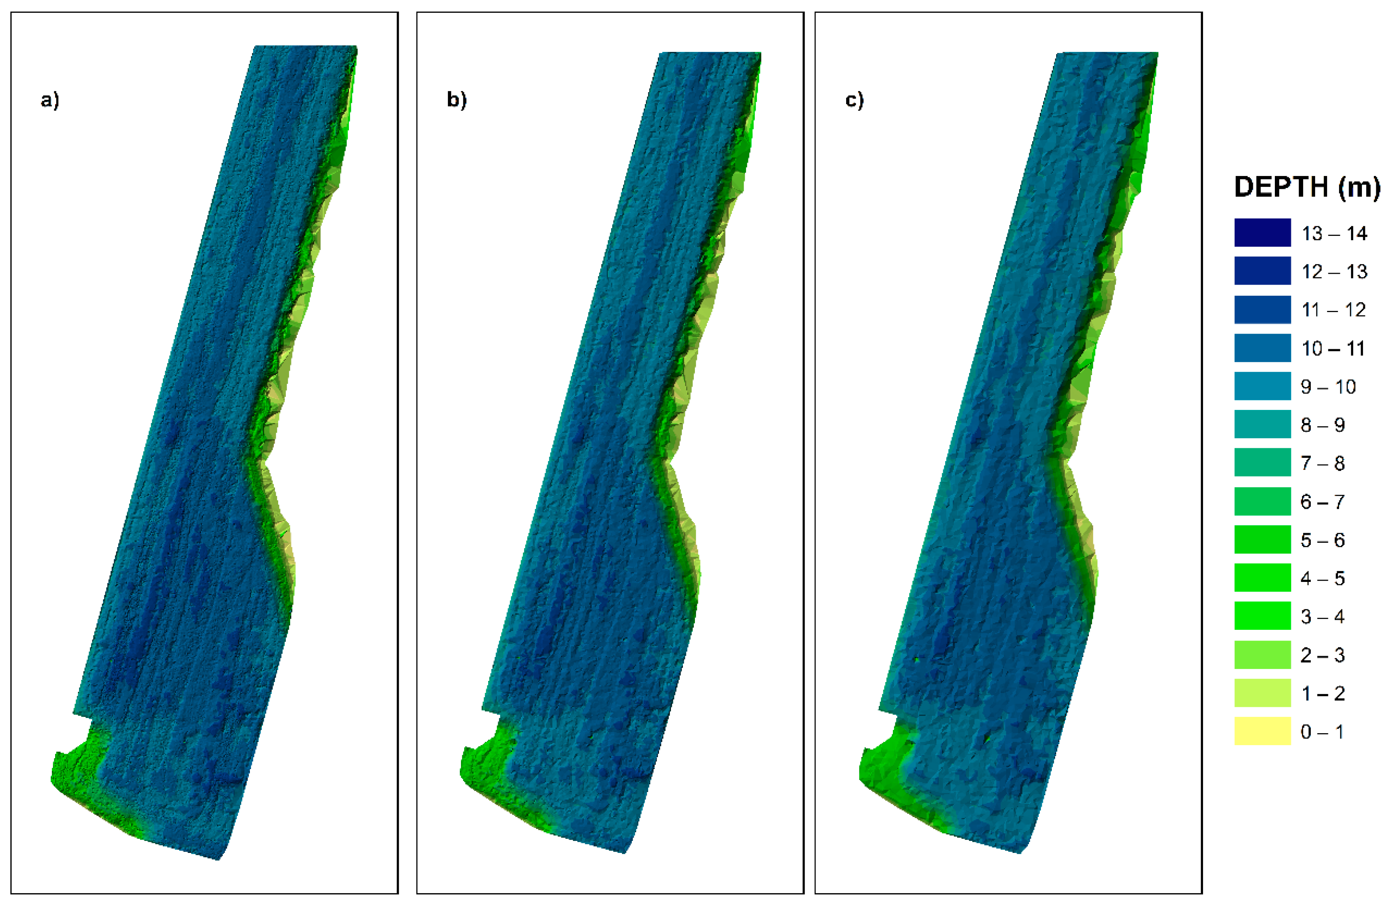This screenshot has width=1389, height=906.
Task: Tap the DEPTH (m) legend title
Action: tap(1307, 187)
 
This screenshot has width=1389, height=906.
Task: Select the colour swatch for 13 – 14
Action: tap(1262, 232)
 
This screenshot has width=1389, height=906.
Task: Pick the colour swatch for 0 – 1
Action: tap(1262, 731)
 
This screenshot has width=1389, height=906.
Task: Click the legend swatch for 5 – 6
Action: tap(1262, 539)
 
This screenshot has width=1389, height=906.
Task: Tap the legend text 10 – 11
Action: tap(1333, 348)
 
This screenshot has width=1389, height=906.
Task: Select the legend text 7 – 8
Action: tap(1322, 463)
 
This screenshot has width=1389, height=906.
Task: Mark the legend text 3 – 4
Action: tap(1322, 617)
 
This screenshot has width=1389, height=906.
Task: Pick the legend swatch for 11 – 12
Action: tap(1262, 309)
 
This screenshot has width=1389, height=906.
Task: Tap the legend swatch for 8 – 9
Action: tap(1262, 424)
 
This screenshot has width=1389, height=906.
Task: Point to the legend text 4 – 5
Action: tap(1322, 578)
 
